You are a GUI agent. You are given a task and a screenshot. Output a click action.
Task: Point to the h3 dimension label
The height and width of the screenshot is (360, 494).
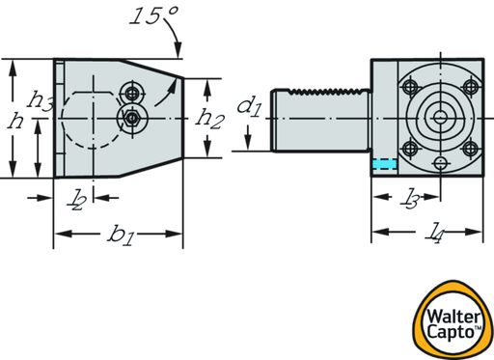coord(41,98)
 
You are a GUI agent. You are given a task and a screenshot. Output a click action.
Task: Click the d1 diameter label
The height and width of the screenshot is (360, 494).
coord(249,104)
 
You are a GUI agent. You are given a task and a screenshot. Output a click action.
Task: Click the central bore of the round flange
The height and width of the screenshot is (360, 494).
coord(440,118)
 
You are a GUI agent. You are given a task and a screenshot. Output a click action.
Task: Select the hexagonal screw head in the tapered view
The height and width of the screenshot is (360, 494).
coord(131,119)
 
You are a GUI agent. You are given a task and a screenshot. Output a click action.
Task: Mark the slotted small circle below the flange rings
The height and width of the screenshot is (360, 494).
coord(440,160)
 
